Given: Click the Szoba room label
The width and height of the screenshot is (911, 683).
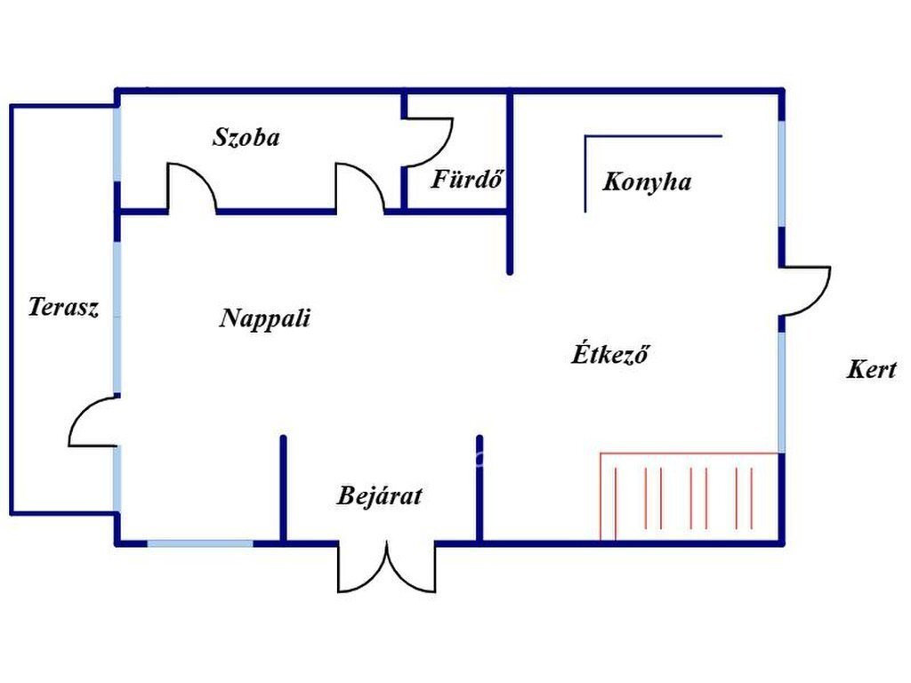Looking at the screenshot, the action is (246, 137).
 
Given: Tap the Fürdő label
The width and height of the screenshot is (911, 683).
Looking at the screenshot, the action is (466, 179).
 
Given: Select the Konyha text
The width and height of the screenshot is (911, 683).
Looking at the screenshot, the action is (647, 181).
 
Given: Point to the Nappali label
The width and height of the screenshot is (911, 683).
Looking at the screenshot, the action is (265, 318).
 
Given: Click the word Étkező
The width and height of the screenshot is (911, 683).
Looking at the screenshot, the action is (610, 353).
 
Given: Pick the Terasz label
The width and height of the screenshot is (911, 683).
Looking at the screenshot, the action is (63, 307).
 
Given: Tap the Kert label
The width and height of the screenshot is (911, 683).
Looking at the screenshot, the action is (871, 369).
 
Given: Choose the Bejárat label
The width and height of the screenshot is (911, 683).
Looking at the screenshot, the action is (379, 495).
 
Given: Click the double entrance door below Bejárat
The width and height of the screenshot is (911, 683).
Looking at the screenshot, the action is (387, 566).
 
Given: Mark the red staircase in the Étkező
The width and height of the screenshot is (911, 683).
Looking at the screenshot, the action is (689, 496).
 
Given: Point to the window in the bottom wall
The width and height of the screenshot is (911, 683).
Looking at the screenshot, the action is (200, 543).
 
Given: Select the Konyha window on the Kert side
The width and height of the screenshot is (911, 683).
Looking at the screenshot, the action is (782, 173).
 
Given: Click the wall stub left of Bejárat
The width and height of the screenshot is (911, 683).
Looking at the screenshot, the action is (284, 489).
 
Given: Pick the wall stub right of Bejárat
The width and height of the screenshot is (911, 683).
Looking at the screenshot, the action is (480, 489).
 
